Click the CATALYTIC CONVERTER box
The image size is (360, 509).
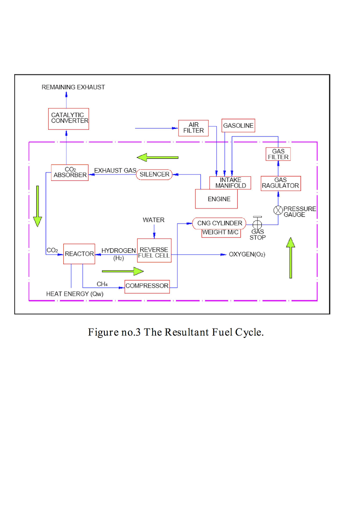tap(68, 119)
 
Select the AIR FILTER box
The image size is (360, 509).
tap(193, 128)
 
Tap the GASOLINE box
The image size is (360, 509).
tap(238, 125)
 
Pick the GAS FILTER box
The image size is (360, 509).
tap(278, 154)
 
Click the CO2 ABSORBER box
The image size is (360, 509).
tap(70, 172)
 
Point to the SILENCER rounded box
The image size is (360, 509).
tap(154, 175)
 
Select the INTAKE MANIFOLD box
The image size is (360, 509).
tap(230, 183)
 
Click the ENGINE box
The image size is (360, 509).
tap(216, 199)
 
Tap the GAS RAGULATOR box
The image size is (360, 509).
tap(281, 183)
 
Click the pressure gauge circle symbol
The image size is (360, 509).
tap(278, 210)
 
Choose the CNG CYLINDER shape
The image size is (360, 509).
tap(219, 224)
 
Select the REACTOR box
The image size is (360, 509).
tap(79, 254)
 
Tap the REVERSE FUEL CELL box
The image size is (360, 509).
tap(154, 251)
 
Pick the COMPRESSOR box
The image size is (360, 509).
tap(147, 287)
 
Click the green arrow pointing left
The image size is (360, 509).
tap(158, 157)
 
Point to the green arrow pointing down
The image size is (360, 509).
tap(37, 206)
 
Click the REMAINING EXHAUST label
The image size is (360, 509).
tap(73, 87)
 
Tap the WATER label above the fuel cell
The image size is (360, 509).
tap(153, 220)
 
